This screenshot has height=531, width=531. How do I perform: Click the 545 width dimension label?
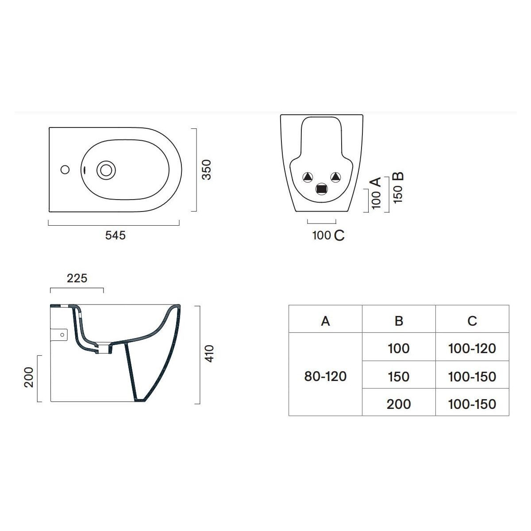pyautogui.click(x=115, y=235)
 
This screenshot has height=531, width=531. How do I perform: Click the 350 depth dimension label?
pyautogui.click(x=206, y=170)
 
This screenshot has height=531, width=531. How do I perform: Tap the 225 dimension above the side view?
pyautogui.click(x=77, y=278)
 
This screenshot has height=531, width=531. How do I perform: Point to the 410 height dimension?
pyautogui.click(x=209, y=354)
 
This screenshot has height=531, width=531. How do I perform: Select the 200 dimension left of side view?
pyautogui.click(x=29, y=377)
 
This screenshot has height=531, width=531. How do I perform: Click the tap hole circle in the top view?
pyautogui.click(x=65, y=170)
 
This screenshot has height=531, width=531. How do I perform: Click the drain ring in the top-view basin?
pyautogui.click(x=106, y=170)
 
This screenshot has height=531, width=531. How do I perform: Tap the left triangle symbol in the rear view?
pyautogui.click(x=308, y=177)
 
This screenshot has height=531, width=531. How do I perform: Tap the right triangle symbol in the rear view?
pyautogui.click(x=335, y=177)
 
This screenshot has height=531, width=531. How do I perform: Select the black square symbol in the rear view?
pyautogui.click(x=321, y=189)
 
